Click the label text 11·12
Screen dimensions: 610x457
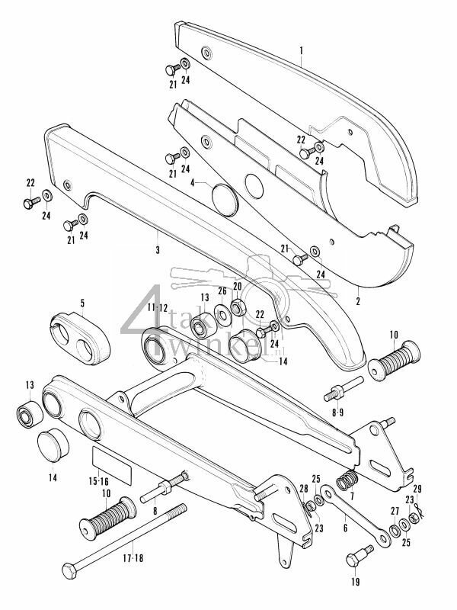[x=158, y=308]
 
